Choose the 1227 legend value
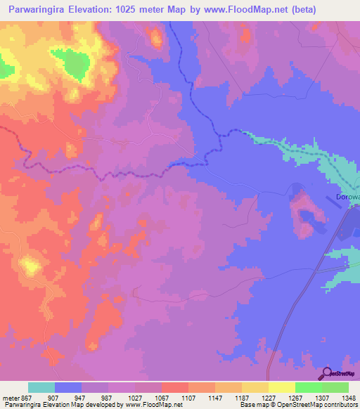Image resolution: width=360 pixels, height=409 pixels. pyautogui.click(x=258, y=397)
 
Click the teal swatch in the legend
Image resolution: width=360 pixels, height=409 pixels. pyautogui.click(x=41, y=387)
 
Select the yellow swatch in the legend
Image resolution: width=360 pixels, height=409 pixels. pyautogui.click(x=282, y=387)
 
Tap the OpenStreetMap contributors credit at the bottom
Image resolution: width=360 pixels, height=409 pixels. pyautogui.click(x=317, y=405)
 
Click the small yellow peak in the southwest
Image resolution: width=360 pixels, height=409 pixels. pyautogui.click(x=30, y=266)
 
